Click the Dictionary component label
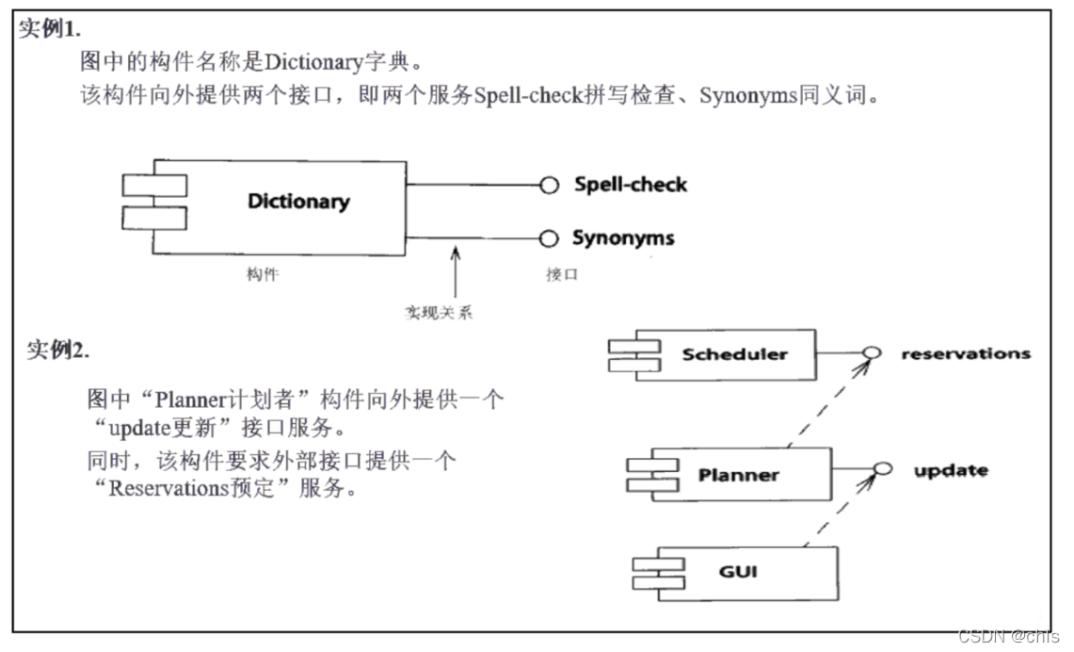(297, 202)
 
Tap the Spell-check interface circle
(550, 186)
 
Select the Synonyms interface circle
(550, 238)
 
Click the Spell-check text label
(631, 185)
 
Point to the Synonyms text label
(623, 238)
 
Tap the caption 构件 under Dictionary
(263, 274)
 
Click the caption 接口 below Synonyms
(561, 274)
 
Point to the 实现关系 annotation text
(438, 312)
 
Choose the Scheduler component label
(734, 354)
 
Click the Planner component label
(738, 475)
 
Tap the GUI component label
(738, 572)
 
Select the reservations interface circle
(872, 353)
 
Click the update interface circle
(882, 469)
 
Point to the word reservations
(965, 354)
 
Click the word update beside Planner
(951, 470)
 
